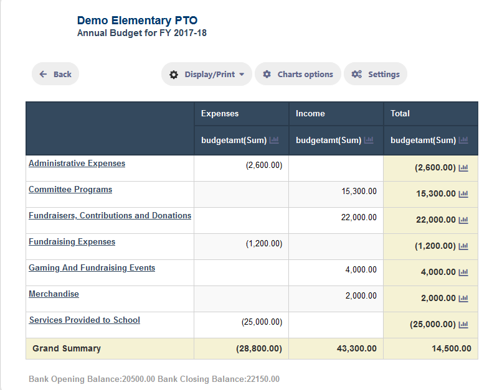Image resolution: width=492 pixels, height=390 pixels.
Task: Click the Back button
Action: (x=55, y=74)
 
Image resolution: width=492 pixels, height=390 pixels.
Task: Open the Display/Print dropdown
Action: (x=207, y=74)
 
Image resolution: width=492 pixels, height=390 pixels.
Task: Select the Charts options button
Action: (x=298, y=74)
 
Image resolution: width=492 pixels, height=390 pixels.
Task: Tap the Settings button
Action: (x=376, y=74)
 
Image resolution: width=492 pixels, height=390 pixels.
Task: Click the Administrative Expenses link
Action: (x=77, y=164)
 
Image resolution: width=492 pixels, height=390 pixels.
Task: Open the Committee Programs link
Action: (x=70, y=189)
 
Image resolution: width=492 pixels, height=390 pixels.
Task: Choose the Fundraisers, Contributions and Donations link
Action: (x=110, y=216)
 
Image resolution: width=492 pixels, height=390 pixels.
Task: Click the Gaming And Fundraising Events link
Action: (x=92, y=267)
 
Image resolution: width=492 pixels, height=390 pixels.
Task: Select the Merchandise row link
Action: (x=54, y=294)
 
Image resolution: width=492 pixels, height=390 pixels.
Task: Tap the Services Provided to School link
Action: (x=85, y=320)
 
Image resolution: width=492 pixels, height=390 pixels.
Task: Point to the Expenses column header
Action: (x=220, y=113)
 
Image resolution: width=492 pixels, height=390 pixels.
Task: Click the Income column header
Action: (x=310, y=113)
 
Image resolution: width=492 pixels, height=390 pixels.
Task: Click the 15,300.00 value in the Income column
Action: (x=359, y=191)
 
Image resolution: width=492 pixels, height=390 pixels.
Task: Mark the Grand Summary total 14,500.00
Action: (x=452, y=348)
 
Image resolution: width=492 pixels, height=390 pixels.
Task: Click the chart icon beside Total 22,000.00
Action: (x=463, y=220)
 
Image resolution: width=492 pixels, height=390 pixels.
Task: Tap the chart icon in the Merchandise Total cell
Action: (x=463, y=299)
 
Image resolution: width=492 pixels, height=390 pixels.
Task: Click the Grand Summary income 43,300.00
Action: (x=356, y=348)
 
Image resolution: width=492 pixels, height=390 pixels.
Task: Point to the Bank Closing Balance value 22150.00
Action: (x=263, y=379)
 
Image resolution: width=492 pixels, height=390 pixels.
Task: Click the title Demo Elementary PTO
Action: (x=137, y=21)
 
